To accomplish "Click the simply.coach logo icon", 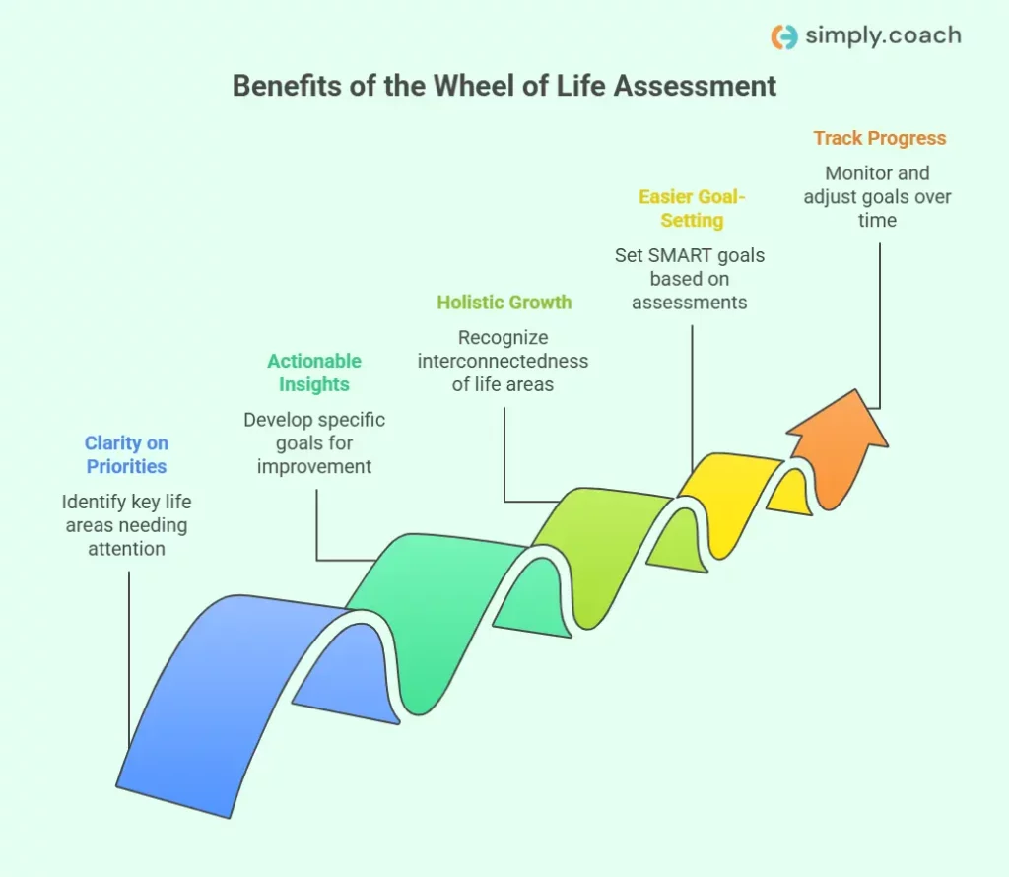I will tap(784, 36).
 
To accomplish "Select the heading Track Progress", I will tap(879, 139).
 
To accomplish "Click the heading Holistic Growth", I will tap(504, 303).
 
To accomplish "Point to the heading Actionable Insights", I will tap(314, 372).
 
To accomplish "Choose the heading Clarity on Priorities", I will tap(126, 455).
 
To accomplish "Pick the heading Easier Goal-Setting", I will tap(692, 208).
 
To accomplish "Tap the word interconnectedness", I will tap(503, 361).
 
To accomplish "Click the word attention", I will tap(126, 549).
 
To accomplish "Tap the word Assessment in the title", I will tap(696, 86).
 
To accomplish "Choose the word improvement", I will tap(314, 466).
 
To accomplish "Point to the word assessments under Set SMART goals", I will tap(690, 303).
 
